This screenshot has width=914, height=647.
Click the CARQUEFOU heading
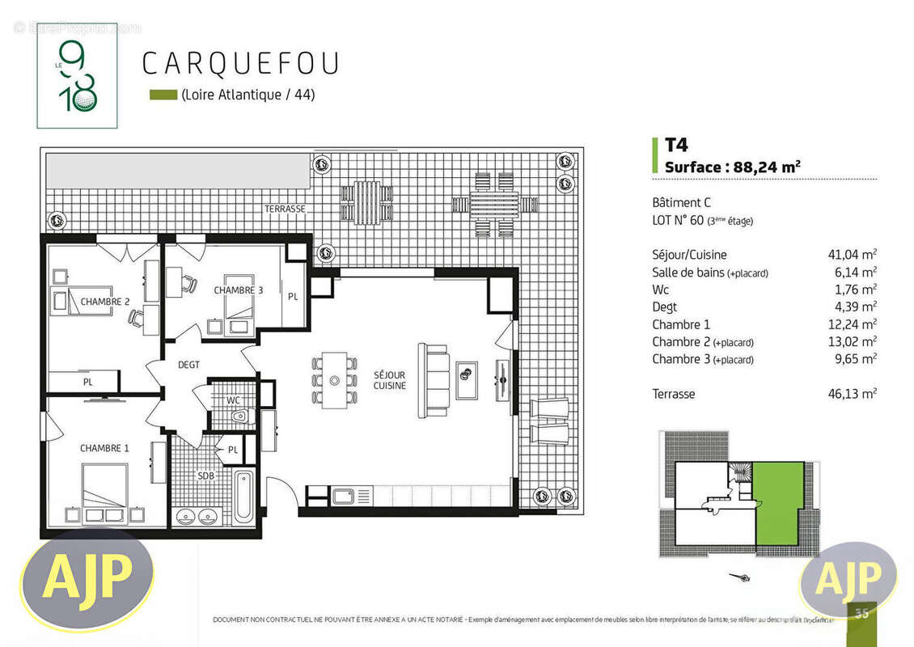click(x=239, y=63)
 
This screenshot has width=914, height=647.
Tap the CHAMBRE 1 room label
click(x=104, y=448)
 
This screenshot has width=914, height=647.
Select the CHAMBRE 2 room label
click(x=105, y=302)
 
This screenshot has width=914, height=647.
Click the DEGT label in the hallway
click(x=188, y=365)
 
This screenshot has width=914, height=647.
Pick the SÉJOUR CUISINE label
click(x=389, y=380)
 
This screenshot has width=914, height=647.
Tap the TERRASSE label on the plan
click(x=285, y=209)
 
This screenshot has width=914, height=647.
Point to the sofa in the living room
click(x=434, y=380)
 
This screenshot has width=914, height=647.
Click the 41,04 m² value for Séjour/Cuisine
click(x=847, y=255)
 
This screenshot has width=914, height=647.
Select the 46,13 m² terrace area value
click(x=847, y=394)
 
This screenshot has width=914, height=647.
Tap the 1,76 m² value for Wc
click(x=849, y=290)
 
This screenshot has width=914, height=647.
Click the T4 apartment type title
click(x=675, y=146)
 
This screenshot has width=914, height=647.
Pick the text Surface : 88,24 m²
click(x=732, y=167)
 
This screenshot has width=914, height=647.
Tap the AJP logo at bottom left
click(x=87, y=575)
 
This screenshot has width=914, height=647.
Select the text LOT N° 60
click(x=678, y=220)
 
